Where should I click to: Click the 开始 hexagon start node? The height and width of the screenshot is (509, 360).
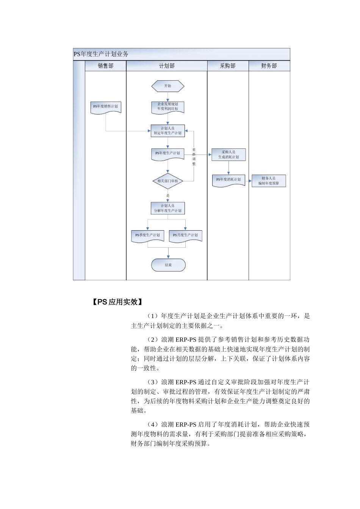(x=168, y=86)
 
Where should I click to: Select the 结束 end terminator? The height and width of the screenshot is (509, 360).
(x=168, y=265)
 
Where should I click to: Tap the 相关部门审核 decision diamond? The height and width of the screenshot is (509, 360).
(x=168, y=181)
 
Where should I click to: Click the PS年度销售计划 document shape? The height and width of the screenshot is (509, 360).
(x=106, y=107)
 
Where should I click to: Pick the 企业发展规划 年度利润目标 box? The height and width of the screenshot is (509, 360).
(x=168, y=107)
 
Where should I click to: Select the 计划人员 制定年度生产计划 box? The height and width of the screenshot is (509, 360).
(x=168, y=131)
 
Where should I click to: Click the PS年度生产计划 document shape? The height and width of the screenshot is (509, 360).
(x=168, y=154)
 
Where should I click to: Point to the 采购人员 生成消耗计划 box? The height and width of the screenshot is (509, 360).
(x=229, y=155)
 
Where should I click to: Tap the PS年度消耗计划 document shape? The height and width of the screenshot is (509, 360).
(x=229, y=180)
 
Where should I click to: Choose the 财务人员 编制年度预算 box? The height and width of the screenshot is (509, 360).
(x=269, y=181)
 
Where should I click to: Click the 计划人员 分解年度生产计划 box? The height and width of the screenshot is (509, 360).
(x=168, y=208)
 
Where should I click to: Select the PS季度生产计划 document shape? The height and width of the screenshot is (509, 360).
(x=148, y=236)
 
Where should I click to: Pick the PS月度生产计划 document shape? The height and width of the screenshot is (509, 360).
(x=185, y=236)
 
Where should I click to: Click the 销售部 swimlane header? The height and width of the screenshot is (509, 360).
(x=106, y=66)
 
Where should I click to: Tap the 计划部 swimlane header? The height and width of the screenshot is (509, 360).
(x=167, y=66)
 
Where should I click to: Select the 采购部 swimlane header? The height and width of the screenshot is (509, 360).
(x=228, y=66)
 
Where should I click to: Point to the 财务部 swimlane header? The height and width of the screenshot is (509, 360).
(x=269, y=66)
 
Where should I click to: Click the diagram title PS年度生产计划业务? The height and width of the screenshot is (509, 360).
(x=101, y=54)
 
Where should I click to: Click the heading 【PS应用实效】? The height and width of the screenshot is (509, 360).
(x=117, y=302)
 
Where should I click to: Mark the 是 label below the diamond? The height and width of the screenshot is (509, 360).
(x=168, y=195)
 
